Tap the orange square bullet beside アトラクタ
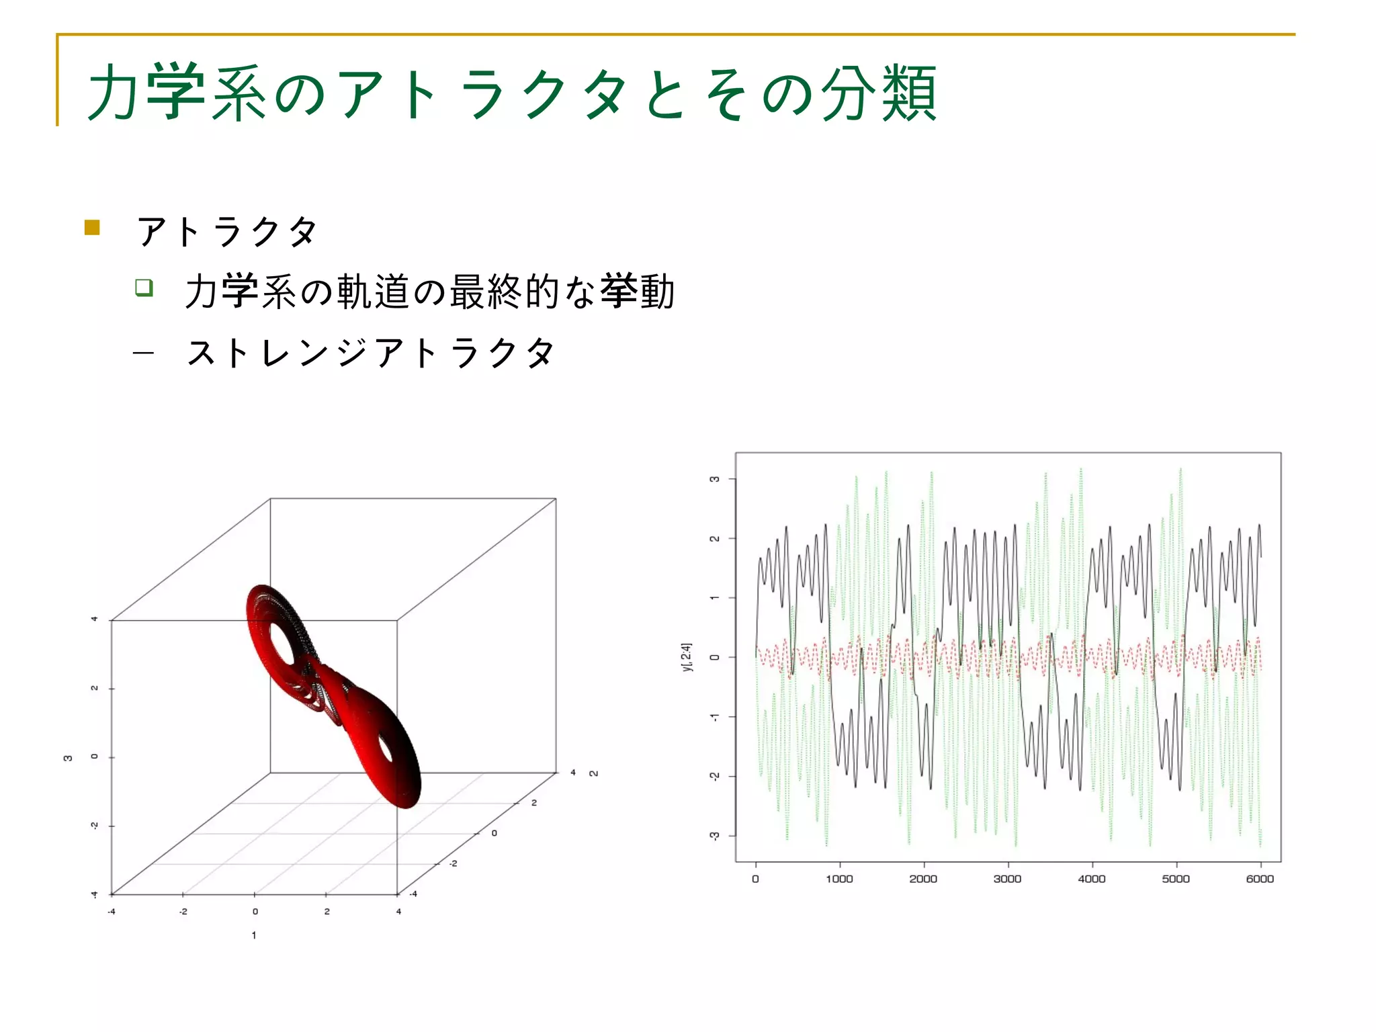[92, 228]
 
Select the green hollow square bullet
[144, 288]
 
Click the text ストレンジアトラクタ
[371, 353]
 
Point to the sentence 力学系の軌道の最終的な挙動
[430, 292]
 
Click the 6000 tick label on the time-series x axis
[1260, 879]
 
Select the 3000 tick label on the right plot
[1007, 879]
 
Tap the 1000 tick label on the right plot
[839, 879]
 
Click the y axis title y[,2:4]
[686, 656]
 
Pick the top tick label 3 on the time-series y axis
[714, 479]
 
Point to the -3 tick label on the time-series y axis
[714, 836]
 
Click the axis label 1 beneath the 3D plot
[254, 935]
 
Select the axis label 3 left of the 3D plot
[67, 758]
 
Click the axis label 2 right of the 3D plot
[593, 773]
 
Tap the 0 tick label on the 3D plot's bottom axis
[255, 912]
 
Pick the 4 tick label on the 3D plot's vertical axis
[94, 619]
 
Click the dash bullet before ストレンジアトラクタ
[143, 353]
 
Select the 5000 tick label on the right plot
[1176, 879]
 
